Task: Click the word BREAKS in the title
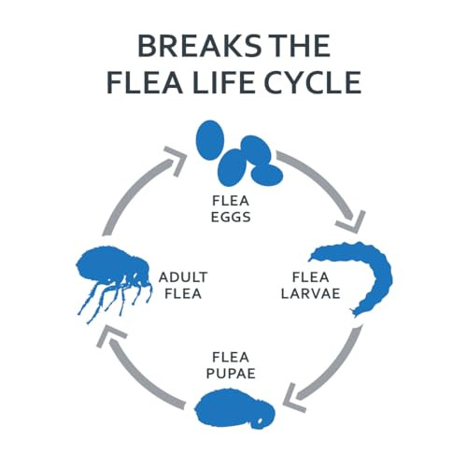pyautogui.click(x=199, y=46)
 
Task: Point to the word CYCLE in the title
pyautogui.click(x=312, y=82)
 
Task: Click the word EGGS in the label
pyautogui.click(x=231, y=217)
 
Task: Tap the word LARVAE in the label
pyautogui.click(x=310, y=293)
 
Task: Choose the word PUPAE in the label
pyautogui.click(x=231, y=373)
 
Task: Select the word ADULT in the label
pyautogui.click(x=183, y=277)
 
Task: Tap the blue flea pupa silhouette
pyautogui.click(x=234, y=408)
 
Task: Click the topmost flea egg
pyautogui.click(x=210, y=140)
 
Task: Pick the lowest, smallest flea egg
pyautogui.click(x=267, y=175)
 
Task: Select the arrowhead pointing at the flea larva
pyautogui.click(x=353, y=222)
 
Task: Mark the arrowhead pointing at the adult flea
pyautogui.click(x=109, y=334)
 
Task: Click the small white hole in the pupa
pyautogui.click(x=260, y=422)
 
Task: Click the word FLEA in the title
pyautogui.click(x=145, y=82)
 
